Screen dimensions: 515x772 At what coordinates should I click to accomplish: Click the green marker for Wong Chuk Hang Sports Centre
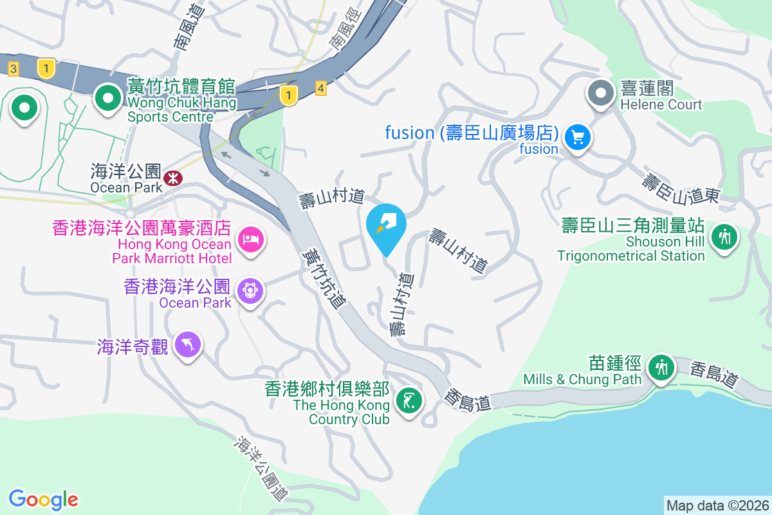[107, 98]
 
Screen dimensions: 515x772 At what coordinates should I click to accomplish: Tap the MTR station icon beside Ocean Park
[172, 178]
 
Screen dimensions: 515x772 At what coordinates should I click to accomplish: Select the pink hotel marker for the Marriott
[250, 240]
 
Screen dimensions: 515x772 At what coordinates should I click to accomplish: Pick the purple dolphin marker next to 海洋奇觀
[187, 344]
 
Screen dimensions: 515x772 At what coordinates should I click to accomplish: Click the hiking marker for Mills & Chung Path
[661, 368]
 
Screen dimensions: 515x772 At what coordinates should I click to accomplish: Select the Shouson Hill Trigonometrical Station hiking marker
[724, 236]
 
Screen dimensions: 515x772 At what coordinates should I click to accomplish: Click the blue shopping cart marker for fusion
[577, 137]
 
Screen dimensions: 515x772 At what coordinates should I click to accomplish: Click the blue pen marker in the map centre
[386, 225]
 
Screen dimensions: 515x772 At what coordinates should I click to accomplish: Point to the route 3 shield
[14, 68]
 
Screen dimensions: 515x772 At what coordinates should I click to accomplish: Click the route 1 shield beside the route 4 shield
[290, 95]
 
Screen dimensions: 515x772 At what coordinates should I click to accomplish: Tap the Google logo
[43, 499]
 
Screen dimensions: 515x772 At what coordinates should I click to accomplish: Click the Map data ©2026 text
[717, 505]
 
